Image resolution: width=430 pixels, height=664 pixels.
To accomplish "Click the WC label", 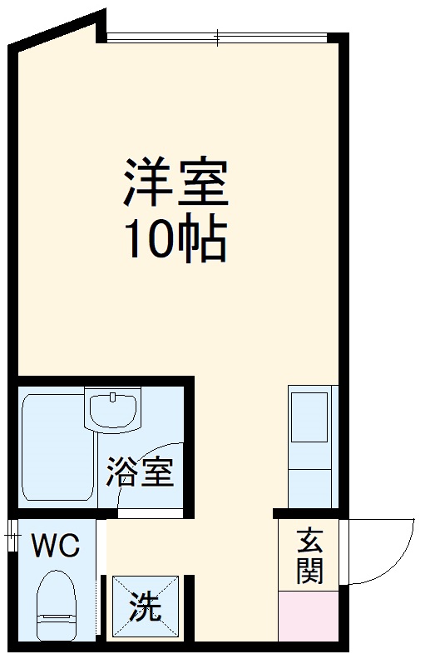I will tap(55, 547).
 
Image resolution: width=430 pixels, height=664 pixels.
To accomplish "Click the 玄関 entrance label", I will tap(309, 557).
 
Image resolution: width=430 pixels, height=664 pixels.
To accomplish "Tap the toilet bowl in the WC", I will tap(57, 592).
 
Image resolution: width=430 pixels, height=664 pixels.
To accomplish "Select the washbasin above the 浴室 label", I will tap(111, 410).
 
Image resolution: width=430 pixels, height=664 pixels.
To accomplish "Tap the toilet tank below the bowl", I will tap(57, 625).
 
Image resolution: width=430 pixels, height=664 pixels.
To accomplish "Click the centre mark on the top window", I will tap(218, 37).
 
